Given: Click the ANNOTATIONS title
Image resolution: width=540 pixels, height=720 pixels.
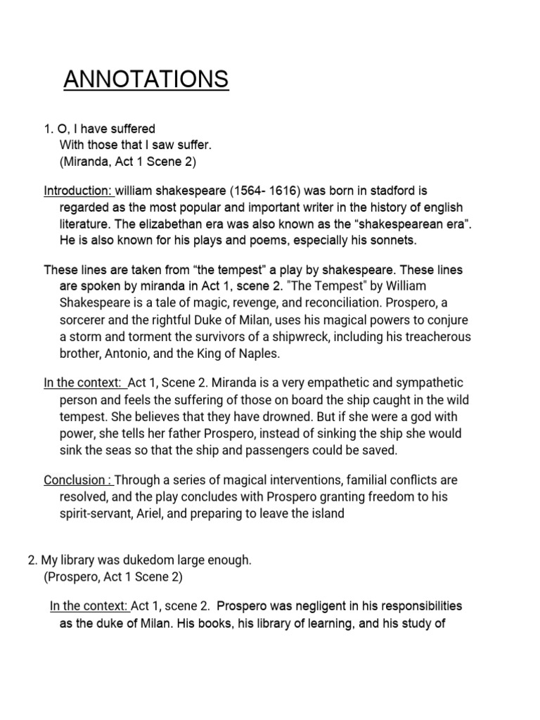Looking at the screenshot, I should click(x=146, y=79).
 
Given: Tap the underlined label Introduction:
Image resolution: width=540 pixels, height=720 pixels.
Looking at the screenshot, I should click(x=78, y=191).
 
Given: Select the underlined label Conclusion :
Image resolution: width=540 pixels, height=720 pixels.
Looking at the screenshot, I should click(x=78, y=480).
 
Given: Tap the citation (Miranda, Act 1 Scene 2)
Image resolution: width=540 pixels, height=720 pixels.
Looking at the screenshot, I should click(x=127, y=162).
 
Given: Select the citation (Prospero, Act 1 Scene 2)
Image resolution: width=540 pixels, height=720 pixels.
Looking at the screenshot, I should click(x=112, y=577).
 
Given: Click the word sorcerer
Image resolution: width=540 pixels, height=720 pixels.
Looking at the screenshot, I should click(x=83, y=320).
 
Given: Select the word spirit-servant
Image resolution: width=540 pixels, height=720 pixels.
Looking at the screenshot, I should click(x=98, y=513).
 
